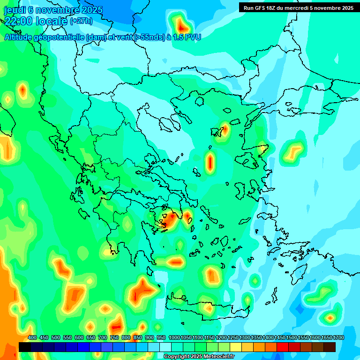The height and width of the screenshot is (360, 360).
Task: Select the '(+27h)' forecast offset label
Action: [81, 21]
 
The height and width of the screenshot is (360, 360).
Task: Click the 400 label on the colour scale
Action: [32, 337]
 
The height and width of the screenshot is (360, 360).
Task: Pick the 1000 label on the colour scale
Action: [174, 337]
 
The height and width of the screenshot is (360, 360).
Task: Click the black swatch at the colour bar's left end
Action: [25, 347]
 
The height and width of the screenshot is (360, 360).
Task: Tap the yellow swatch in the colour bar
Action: [236, 347]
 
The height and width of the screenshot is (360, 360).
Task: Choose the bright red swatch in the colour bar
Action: [283, 347]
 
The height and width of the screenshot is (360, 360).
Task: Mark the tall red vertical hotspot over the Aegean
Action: [210, 162]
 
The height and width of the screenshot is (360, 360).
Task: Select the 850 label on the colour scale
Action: [138, 337]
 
